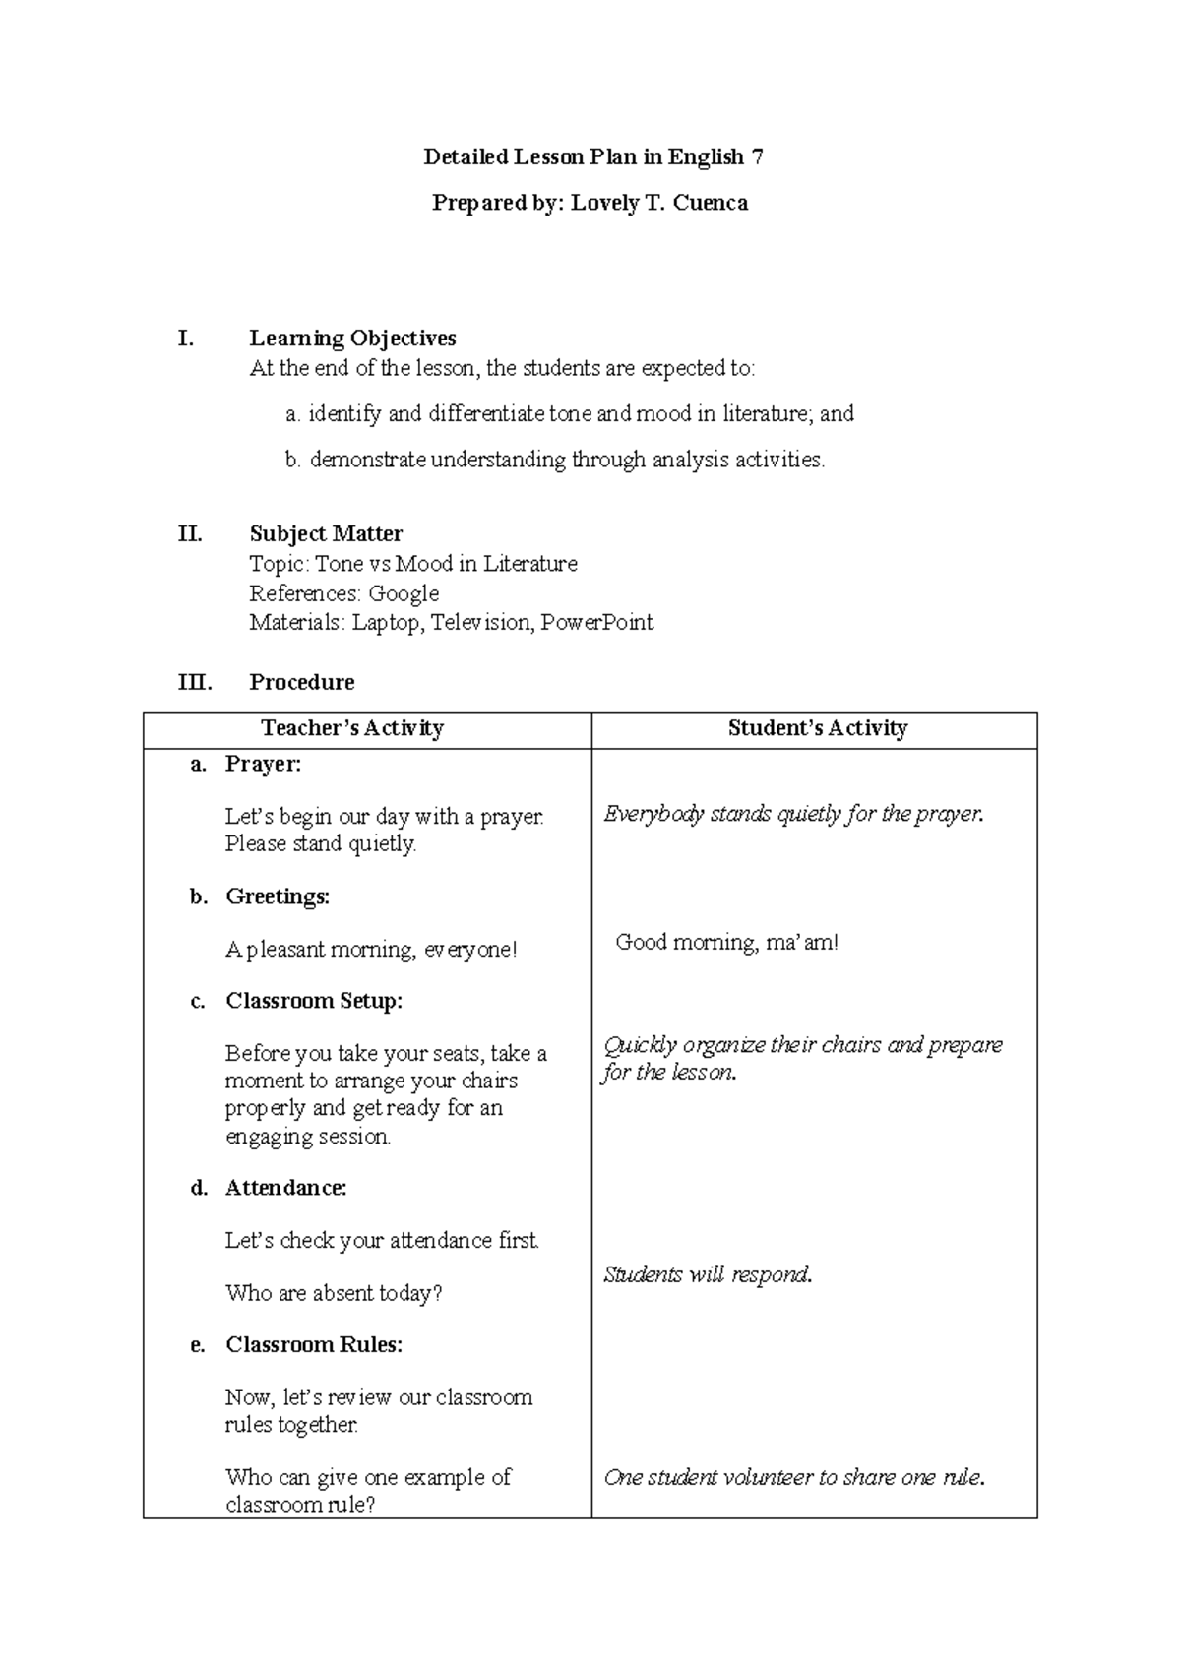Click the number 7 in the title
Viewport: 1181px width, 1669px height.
coord(756,157)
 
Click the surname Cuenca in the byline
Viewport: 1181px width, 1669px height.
coord(711,204)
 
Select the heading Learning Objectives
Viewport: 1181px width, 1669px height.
coord(352,339)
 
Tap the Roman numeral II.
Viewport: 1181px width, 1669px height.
coord(190,534)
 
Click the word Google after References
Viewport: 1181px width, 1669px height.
coord(404,593)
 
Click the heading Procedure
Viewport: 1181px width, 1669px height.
coord(301,682)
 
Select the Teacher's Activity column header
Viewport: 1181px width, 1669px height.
coord(352,728)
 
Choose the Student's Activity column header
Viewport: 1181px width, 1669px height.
coord(817,728)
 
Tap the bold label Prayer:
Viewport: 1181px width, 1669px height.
coord(263,764)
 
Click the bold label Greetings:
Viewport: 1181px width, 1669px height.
coord(278,896)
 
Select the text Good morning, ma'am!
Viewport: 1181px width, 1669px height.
coord(727,943)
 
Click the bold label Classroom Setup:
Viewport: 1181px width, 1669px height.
coord(314,1001)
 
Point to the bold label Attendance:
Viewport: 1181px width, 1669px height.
coord(285,1188)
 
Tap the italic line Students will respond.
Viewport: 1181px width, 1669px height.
coord(708,1275)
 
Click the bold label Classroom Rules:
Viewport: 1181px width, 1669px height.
coord(314,1345)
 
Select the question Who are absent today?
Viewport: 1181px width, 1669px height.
coord(334,1293)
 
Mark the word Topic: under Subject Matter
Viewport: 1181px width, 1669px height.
coord(279,564)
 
